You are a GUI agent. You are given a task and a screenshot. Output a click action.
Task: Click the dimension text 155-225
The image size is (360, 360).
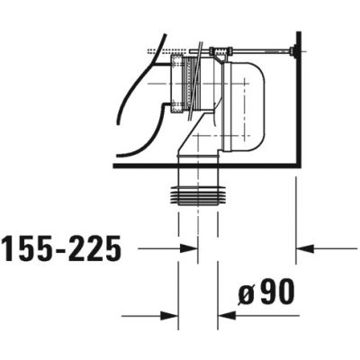(x=61, y=249)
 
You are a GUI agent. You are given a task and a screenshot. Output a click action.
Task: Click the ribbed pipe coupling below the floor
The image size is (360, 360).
(x=197, y=193)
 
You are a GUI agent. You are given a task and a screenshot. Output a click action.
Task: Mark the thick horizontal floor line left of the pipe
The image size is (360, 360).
(x=144, y=166)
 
